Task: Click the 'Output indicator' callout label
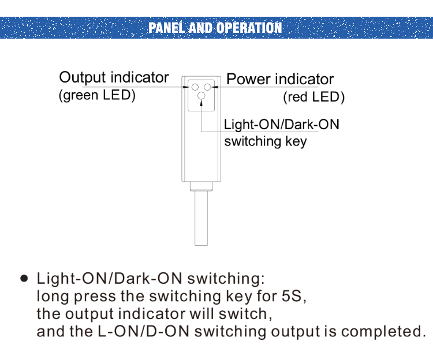[114, 77]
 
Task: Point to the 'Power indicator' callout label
[280, 79]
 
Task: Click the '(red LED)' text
[313, 97]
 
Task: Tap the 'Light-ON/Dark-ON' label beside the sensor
[281, 125]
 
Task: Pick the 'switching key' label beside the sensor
[265, 141]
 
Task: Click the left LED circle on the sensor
[195, 87]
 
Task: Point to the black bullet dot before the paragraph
[24, 278]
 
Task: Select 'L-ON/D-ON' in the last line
[143, 332]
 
